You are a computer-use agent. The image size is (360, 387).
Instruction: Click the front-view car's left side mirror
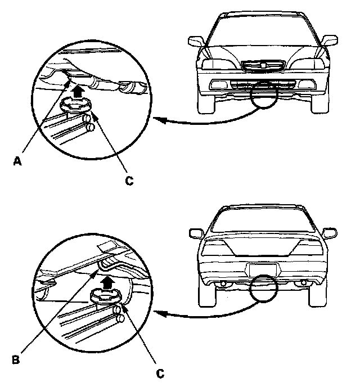coord(196,42)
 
